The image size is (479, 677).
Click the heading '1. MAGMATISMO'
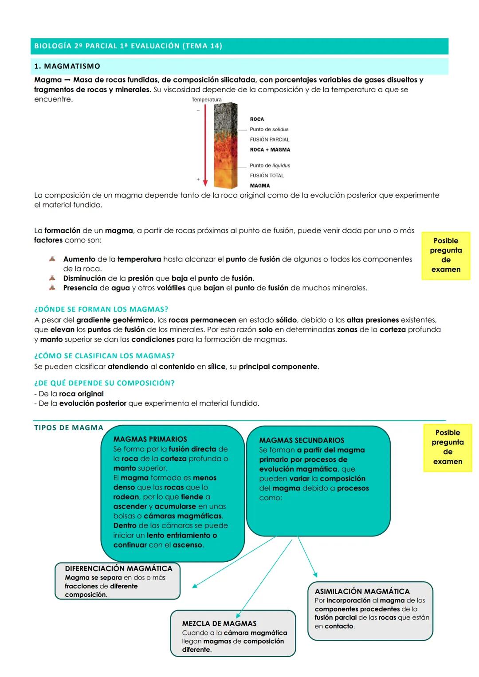tap(67, 67)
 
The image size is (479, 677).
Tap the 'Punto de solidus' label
tap(269, 129)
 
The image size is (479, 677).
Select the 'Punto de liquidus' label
tap(270, 165)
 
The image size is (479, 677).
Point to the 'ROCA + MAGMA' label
tap(270, 150)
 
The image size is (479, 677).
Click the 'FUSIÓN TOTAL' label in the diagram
tap(267, 176)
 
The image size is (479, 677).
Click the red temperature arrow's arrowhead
tap(205, 183)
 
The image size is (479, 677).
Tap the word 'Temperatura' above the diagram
tap(207, 100)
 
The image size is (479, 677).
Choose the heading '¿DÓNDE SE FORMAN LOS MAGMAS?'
tap(101, 309)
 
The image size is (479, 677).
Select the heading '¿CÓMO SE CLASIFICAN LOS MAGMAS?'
tap(104, 356)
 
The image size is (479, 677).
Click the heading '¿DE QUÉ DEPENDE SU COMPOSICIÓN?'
tap(104, 383)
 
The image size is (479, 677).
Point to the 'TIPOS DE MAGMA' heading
tap(69, 428)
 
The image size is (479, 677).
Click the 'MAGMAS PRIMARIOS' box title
tap(150, 439)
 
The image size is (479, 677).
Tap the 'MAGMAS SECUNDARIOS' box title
tap(302, 440)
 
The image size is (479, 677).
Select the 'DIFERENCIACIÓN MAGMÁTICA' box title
tap(118, 568)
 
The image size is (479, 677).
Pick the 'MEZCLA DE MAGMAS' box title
tap(219, 623)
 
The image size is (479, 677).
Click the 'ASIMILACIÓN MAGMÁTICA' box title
tap(362, 591)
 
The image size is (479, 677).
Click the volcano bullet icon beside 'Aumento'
tap(52, 259)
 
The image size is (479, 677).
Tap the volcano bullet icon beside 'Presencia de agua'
tap(52, 288)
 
